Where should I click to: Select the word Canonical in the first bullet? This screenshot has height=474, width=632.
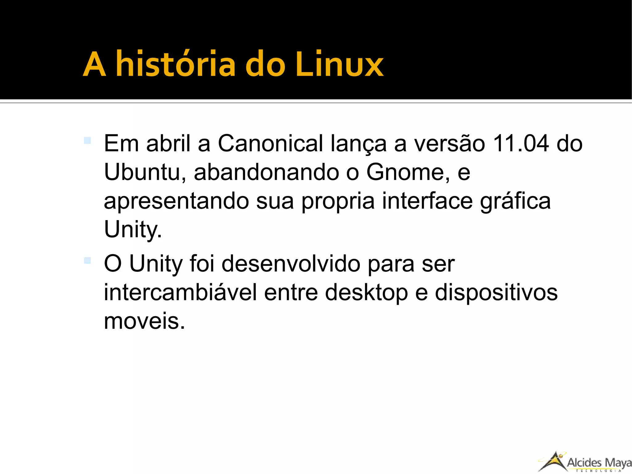[270, 144]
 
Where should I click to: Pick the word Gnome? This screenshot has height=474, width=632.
[408, 172]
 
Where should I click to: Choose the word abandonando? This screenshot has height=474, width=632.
[266, 172]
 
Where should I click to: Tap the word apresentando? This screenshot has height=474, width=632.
[176, 201]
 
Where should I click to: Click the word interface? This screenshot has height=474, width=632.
[427, 201]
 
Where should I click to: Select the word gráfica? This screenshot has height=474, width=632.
[515, 201]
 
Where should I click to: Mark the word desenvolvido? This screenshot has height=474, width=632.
[291, 264]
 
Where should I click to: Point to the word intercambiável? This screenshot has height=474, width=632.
[180, 292]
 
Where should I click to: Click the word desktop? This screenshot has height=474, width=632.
[367, 292]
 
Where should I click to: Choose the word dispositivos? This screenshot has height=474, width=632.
[496, 292]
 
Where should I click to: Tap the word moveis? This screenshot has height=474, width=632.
[144, 321]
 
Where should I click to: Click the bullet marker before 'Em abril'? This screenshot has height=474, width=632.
[87, 141]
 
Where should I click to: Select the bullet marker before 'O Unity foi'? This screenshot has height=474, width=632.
[87, 261]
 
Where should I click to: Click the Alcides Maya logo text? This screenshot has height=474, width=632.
[599, 463]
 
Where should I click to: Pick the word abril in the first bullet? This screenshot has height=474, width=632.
[168, 144]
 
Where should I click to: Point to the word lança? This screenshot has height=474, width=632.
[358, 144]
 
